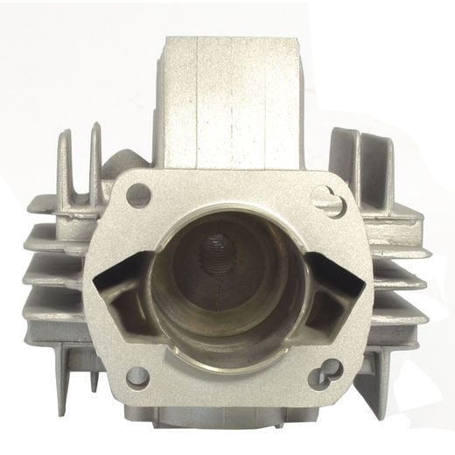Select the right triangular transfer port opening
click(335, 290)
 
